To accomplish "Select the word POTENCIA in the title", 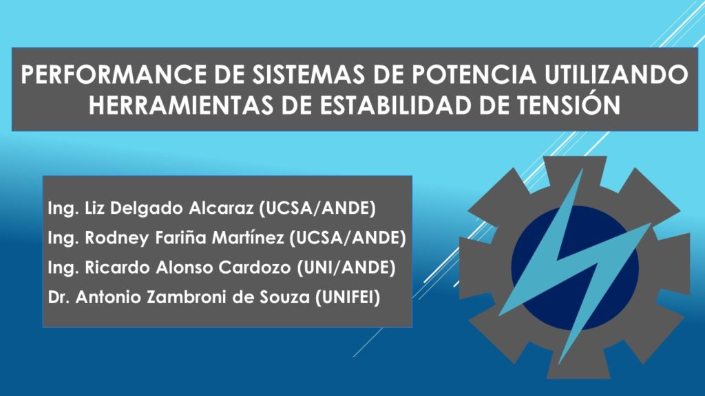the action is click(474, 74).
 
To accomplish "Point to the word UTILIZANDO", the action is click(616, 74).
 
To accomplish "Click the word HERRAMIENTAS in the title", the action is click(181, 105).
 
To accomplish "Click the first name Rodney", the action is click(117, 238).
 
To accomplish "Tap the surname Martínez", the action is click(248, 237).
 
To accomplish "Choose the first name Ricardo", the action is click(117, 267).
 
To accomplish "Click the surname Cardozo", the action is click(255, 267).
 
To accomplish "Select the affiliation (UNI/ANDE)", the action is click(346, 267).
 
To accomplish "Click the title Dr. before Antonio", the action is click(59, 297).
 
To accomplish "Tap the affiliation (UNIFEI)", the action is click(348, 297).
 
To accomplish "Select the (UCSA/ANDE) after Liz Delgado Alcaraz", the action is click(317, 208).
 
